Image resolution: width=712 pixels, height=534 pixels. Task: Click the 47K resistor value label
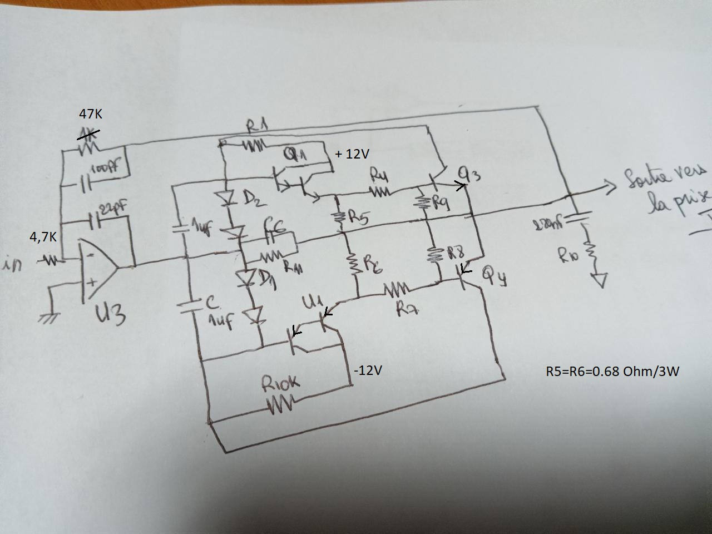pos(91,114)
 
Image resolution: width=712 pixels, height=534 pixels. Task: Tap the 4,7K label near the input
pos(43,236)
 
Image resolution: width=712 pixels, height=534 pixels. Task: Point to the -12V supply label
pos(368,370)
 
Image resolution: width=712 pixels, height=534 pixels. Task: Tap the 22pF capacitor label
pos(113,210)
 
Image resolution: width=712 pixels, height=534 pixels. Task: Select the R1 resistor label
pos(258,127)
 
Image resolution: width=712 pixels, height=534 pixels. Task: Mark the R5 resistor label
pos(359,217)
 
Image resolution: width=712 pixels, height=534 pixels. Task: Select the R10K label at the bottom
pos(280,383)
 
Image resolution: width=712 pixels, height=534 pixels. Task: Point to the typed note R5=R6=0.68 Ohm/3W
pos(612,371)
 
